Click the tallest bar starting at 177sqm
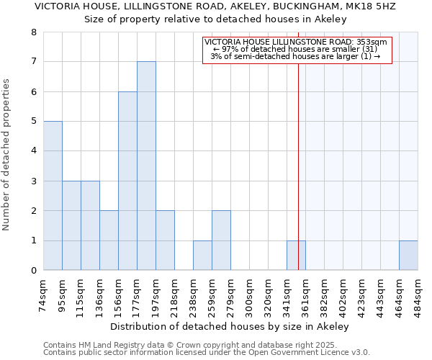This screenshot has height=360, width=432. click(x=146, y=166)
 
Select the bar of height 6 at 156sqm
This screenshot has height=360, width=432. click(x=127, y=181)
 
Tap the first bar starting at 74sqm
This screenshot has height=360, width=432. click(x=53, y=196)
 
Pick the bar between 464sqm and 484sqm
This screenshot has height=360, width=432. click(x=408, y=256)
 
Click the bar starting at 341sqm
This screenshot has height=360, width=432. click(x=296, y=256)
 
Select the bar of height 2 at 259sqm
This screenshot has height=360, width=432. click(x=221, y=240)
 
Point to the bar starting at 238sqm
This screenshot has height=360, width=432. click(x=202, y=256)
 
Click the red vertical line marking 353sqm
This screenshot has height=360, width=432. click(x=298, y=166)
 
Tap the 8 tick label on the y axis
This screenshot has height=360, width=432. click(x=33, y=32)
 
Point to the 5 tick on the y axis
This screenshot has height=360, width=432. click(x=33, y=122)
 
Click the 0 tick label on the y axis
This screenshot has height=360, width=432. click(x=33, y=271)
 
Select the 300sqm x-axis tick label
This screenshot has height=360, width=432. click(x=250, y=293)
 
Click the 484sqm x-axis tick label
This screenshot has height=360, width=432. click(x=418, y=293)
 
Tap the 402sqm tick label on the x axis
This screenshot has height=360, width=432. click(x=343, y=293)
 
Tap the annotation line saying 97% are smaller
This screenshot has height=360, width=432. click(x=296, y=49)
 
